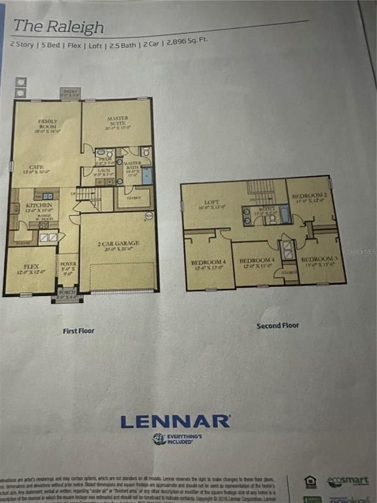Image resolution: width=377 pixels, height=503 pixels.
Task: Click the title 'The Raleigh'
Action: pyautogui.click(x=59, y=26)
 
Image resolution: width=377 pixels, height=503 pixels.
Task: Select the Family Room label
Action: pyautogui.click(x=48, y=125)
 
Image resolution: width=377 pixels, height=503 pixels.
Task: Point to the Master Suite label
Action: pyautogui.click(x=117, y=121)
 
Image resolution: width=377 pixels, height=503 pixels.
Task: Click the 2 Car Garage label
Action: pyautogui.click(x=118, y=244)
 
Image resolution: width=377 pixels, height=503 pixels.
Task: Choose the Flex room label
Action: pyautogui.click(x=31, y=269)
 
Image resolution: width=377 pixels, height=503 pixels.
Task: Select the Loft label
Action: pyautogui.click(x=211, y=204)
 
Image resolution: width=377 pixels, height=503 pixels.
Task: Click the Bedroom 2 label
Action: pyautogui.click(x=310, y=198)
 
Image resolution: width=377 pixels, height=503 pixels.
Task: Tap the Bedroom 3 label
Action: pyautogui.click(x=319, y=261)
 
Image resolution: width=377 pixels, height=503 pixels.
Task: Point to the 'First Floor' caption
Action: pyautogui.click(x=79, y=331)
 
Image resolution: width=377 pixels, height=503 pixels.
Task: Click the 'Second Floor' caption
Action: pyautogui.click(x=277, y=326)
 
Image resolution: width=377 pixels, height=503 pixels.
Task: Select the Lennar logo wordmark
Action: pyautogui.click(x=175, y=421)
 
